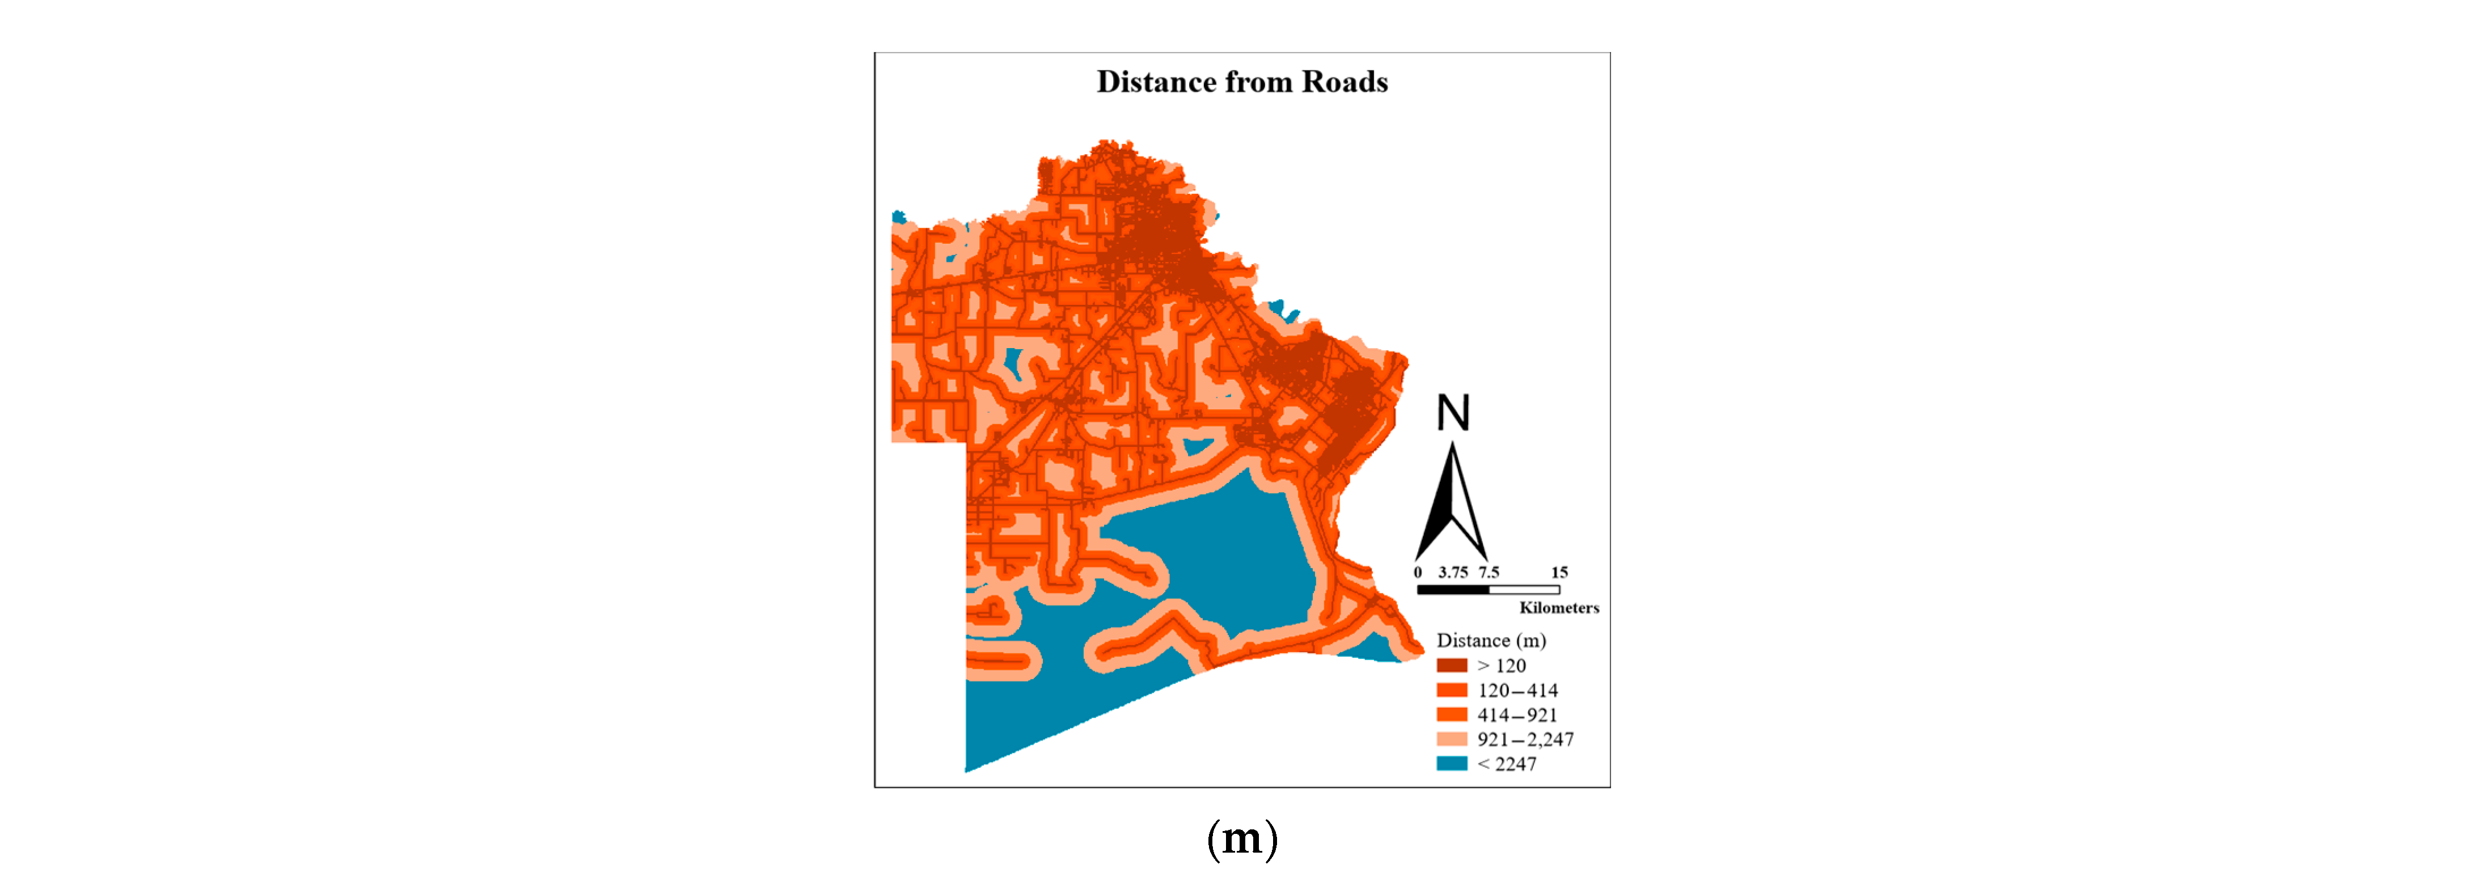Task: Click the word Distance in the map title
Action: pyautogui.click(x=1156, y=82)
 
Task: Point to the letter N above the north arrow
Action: pyautogui.click(x=1453, y=414)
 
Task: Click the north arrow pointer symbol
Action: pyautogui.click(x=1451, y=503)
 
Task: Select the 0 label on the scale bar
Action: pyautogui.click(x=1418, y=572)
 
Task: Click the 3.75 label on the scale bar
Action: pyautogui.click(x=1453, y=572)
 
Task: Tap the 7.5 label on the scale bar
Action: pyautogui.click(x=1489, y=572)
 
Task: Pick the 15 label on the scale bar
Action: pyautogui.click(x=1559, y=572)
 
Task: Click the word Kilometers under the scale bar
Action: pyautogui.click(x=1558, y=608)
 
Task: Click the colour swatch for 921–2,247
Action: pyautogui.click(x=1452, y=739)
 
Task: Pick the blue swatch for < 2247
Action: pyautogui.click(x=1452, y=764)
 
